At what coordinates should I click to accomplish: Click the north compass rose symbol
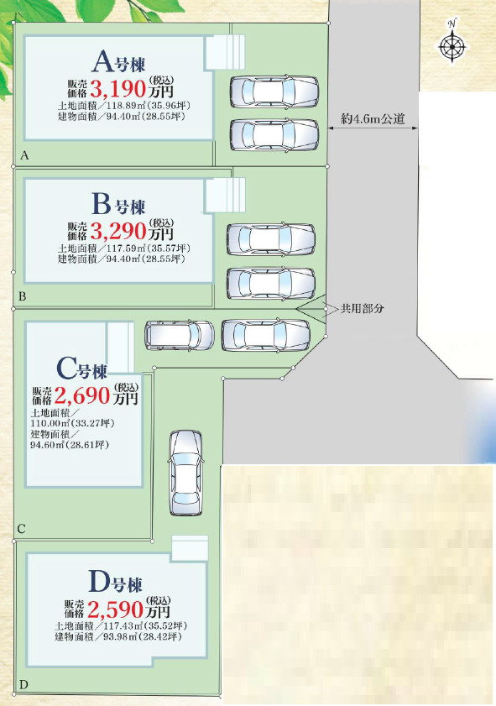pyautogui.click(x=452, y=46)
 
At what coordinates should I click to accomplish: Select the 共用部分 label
pyautogui.click(x=362, y=308)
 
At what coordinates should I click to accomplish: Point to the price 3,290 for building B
pyautogui.click(x=117, y=229)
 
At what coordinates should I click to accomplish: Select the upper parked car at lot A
pyautogui.click(x=274, y=92)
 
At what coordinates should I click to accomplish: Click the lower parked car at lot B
pyautogui.click(x=270, y=283)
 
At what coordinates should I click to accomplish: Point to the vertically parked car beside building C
pyautogui.click(x=185, y=473)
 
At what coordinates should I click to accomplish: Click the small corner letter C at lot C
pyautogui.click(x=21, y=529)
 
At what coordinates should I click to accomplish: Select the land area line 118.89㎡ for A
pyautogui.click(x=121, y=107)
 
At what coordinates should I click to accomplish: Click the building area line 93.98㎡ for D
pyautogui.click(x=118, y=637)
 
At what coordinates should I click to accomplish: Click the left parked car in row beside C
pyautogui.click(x=180, y=335)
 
